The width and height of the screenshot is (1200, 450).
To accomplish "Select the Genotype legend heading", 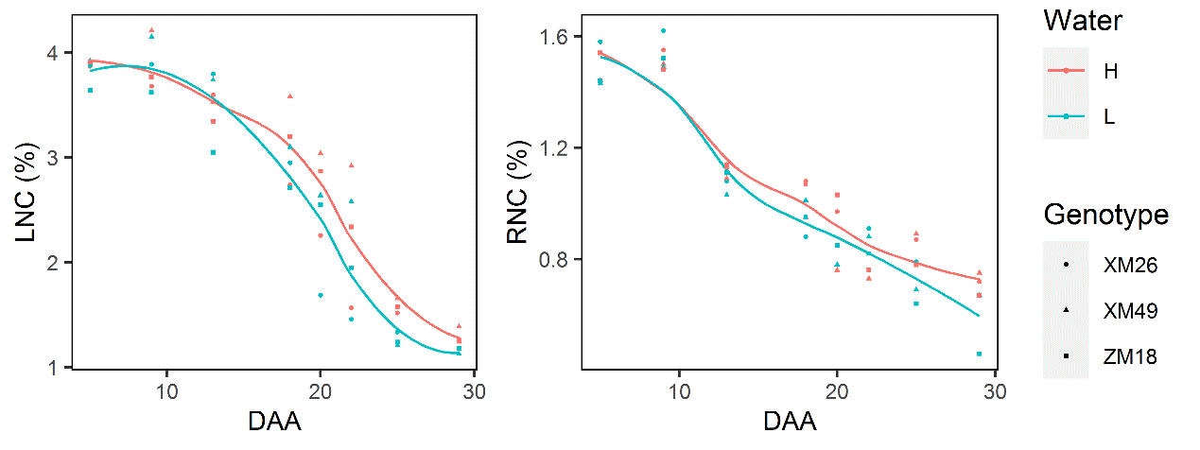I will (1105, 216).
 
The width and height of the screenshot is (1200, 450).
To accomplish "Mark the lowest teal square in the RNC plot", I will (979, 354).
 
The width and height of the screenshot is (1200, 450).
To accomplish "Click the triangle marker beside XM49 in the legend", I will (1066, 311).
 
